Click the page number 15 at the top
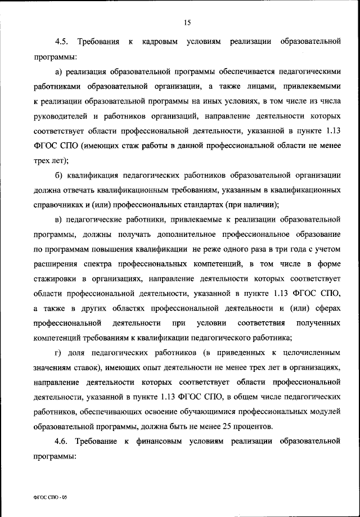pos(187,23)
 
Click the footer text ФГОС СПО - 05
pos(50,498)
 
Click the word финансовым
pos(160,440)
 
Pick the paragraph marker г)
pos(58,352)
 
